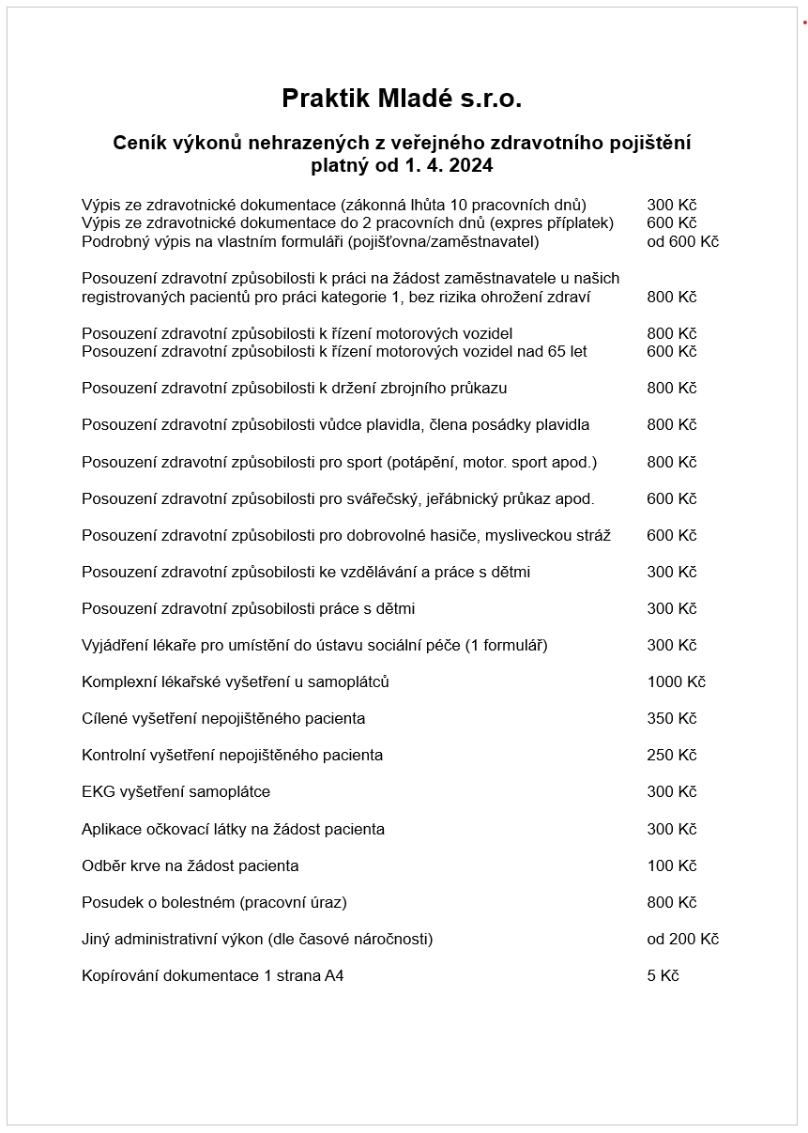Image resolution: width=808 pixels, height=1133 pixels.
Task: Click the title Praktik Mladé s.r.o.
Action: click(402, 99)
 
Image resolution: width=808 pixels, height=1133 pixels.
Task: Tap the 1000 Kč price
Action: click(676, 682)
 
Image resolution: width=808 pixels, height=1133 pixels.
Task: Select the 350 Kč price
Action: click(671, 719)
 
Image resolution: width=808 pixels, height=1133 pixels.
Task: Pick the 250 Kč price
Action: click(671, 756)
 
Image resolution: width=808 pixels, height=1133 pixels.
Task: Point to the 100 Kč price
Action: click(671, 865)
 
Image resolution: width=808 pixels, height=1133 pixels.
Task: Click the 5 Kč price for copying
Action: click(663, 976)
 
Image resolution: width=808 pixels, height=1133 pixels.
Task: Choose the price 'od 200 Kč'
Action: click(682, 940)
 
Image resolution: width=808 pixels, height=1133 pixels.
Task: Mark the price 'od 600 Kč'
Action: click(682, 242)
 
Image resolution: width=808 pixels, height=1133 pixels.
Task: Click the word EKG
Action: click(99, 792)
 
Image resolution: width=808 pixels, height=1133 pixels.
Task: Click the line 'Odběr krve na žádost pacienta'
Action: click(190, 865)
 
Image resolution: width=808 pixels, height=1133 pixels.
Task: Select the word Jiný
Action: click(97, 940)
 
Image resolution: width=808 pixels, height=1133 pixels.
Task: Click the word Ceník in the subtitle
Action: click(140, 144)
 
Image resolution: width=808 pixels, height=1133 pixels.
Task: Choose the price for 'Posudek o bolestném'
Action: click(671, 903)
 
